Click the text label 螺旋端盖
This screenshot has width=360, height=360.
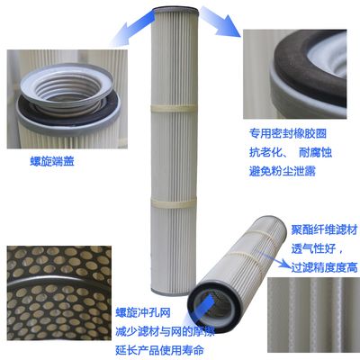click(x=52, y=161)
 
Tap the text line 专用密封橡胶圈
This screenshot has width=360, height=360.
click(x=288, y=133)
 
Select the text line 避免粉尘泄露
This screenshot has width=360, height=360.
click(x=283, y=171)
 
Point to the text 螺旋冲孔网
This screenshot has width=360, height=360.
click(x=143, y=312)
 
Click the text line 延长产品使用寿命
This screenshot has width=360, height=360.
click(x=160, y=350)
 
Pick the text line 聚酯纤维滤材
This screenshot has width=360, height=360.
click(x=324, y=230)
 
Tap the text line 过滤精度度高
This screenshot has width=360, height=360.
click(x=324, y=267)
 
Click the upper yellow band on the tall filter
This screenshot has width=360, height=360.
click(x=173, y=108)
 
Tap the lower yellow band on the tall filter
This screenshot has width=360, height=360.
click(x=174, y=203)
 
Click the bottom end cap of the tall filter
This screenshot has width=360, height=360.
click(x=174, y=292)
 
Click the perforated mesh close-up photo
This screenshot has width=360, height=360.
click(x=59, y=292)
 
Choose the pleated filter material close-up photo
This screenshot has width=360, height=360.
click(x=313, y=319)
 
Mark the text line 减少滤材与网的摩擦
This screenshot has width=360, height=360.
click(x=166, y=331)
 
